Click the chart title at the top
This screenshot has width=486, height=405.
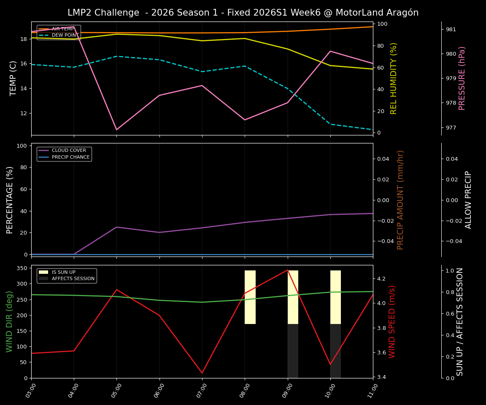click(x=243, y=13)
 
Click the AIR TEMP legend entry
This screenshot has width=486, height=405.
click(x=62, y=29)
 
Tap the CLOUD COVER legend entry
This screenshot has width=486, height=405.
click(x=68, y=151)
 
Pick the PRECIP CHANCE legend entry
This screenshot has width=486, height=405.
click(x=70, y=157)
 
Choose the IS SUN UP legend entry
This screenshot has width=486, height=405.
click(x=63, y=273)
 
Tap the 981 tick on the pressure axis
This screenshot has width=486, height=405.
click(x=451, y=30)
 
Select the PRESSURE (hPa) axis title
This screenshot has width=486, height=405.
click(x=462, y=78)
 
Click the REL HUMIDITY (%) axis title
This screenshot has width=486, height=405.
click(x=394, y=78)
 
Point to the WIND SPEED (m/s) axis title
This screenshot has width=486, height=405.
click(x=392, y=321)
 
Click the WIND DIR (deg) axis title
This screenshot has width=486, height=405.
click(x=9, y=321)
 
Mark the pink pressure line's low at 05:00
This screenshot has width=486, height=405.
click(x=117, y=130)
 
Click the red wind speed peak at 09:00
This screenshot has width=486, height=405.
click(x=287, y=270)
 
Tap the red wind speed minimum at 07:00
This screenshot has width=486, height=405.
click(x=202, y=373)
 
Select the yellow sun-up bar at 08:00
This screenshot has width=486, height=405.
click(x=250, y=297)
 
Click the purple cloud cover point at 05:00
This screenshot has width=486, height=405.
click(x=117, y=227)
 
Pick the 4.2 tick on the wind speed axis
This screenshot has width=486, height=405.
click(x=381, y=279)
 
